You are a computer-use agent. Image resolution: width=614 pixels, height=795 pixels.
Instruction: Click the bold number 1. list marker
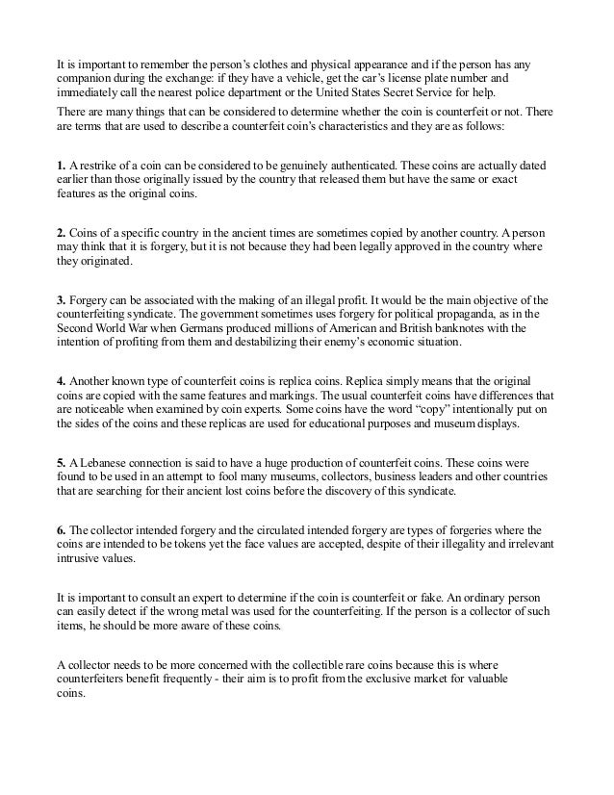[61, 167]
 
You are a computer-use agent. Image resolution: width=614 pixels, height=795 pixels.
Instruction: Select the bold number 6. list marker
[61, 529]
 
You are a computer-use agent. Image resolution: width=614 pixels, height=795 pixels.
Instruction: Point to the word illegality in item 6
[427, 544]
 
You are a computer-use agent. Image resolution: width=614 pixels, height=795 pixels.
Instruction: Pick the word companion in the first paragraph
[85, 75]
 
